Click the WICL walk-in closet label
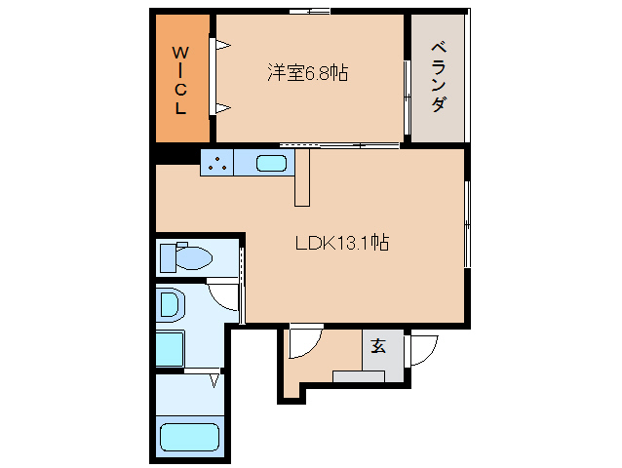pyautogui.click(x=181, y=79)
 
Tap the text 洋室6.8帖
pyautogui.click(x=309, y=72)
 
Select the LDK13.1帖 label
pyautogui.click(x=342, y=243)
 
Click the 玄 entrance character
pyautogui.click(x=377, y=345)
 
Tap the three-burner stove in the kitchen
pyautogui.click(x=216, y=164)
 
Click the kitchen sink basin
pyautogui.click(x=271, y=164)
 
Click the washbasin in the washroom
pyautogui.click(x=171, y=306)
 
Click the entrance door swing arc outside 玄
pyautogui.click(x=422, y=349)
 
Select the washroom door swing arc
pyautogui.click(x=226, y=295)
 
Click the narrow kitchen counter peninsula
pyautogui.click(x=301, y=177)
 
